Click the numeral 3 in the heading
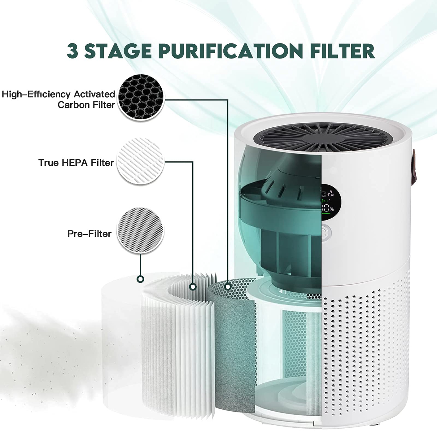click(x=73, y=51)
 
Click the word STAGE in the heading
click(x=118, y=51)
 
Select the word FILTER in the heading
click(x=342, y=51)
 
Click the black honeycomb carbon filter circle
click(x=141, y=97)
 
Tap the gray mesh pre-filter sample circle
click(x=140, y=230)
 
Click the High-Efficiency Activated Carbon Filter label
click(x=58, y=99)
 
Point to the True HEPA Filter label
click(x=76, y=163)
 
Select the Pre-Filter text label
click(x=89, y=234)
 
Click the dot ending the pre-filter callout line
click(x=140, y=279)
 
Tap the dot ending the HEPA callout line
click(x=193, y=287)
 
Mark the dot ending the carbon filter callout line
click(x=228, y=287)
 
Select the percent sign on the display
click(x=332, y=209)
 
